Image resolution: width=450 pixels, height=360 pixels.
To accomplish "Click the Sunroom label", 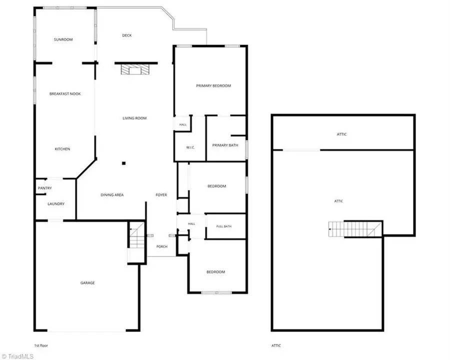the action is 63,39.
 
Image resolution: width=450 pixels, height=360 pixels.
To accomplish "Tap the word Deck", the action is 127,35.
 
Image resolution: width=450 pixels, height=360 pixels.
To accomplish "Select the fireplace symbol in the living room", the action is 135,69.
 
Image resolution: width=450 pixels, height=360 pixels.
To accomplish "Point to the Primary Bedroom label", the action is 213,85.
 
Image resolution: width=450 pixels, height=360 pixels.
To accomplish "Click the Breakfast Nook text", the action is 65,93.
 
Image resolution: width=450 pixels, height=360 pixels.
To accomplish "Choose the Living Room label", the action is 134,118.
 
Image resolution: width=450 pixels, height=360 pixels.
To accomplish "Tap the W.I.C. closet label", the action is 190,147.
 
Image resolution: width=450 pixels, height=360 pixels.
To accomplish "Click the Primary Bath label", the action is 225,145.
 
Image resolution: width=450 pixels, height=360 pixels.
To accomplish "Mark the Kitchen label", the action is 62,148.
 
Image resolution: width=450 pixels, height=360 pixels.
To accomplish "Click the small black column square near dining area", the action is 123,163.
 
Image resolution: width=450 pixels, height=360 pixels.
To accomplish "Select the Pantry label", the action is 45,188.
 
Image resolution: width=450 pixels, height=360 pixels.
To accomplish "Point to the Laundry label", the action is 56,204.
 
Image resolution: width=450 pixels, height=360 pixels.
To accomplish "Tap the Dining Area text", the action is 112,195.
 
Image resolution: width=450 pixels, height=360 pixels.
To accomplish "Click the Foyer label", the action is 161,195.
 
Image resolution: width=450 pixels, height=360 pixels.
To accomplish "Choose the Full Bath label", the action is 224,226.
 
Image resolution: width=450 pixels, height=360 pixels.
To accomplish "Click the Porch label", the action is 162,246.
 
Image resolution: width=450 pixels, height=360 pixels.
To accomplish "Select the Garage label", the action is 87,283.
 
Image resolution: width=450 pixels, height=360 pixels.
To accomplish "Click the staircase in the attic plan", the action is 355,229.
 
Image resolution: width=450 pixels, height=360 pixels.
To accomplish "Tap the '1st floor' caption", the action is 41,345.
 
